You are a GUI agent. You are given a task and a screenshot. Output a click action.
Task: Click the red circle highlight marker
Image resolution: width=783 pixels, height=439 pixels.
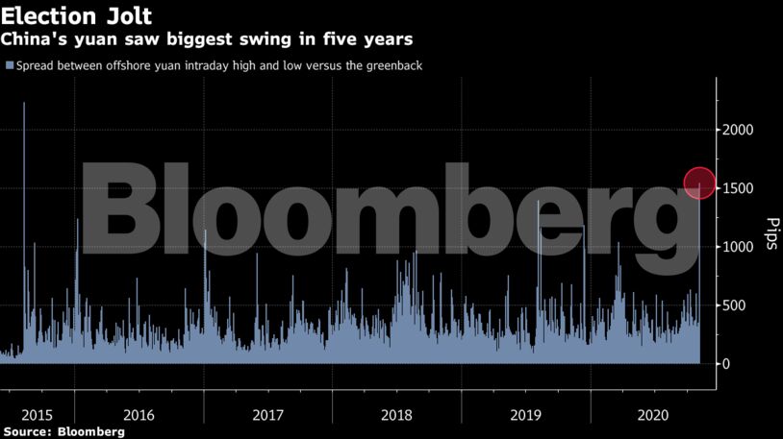(x=699, y=183)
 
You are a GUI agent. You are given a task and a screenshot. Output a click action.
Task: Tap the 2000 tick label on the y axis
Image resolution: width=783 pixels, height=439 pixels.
(x=740, y=130)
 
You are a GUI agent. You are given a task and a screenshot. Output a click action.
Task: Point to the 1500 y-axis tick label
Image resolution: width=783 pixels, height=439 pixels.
(x=740, y=188)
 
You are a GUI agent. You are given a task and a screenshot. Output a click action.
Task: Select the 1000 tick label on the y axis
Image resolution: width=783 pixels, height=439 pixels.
(x=740, y=247)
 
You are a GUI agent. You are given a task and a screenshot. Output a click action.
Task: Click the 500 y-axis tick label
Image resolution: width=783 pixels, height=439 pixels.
(x=737, y=305)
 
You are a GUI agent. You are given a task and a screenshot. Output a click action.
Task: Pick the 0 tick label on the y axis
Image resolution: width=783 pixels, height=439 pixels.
(x=727, y=364)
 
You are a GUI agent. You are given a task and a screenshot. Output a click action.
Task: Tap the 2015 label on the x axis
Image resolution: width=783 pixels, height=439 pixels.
(x=37, y=415)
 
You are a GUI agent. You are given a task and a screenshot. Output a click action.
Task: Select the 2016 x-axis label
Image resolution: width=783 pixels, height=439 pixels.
(x=139, y=415)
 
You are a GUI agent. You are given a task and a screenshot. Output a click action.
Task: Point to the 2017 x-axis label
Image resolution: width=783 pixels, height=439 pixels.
(x=268, y=415)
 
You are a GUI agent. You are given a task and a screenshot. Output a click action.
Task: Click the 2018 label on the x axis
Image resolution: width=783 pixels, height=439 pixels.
(x=397, y=415)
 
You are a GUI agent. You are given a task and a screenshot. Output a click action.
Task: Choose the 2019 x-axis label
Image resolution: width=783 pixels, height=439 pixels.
(x=526, y=415)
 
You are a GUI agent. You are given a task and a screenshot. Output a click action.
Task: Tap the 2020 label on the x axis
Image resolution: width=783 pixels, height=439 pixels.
(x=654, y=415)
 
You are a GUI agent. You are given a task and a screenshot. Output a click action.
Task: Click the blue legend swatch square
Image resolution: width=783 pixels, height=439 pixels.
(x=10, y=65)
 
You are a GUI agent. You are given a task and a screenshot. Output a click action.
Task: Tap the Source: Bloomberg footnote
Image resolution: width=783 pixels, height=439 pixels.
(x=63, y=432)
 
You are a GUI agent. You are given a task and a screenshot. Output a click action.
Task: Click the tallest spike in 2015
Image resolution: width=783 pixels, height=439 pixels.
(x=23, y=105)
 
